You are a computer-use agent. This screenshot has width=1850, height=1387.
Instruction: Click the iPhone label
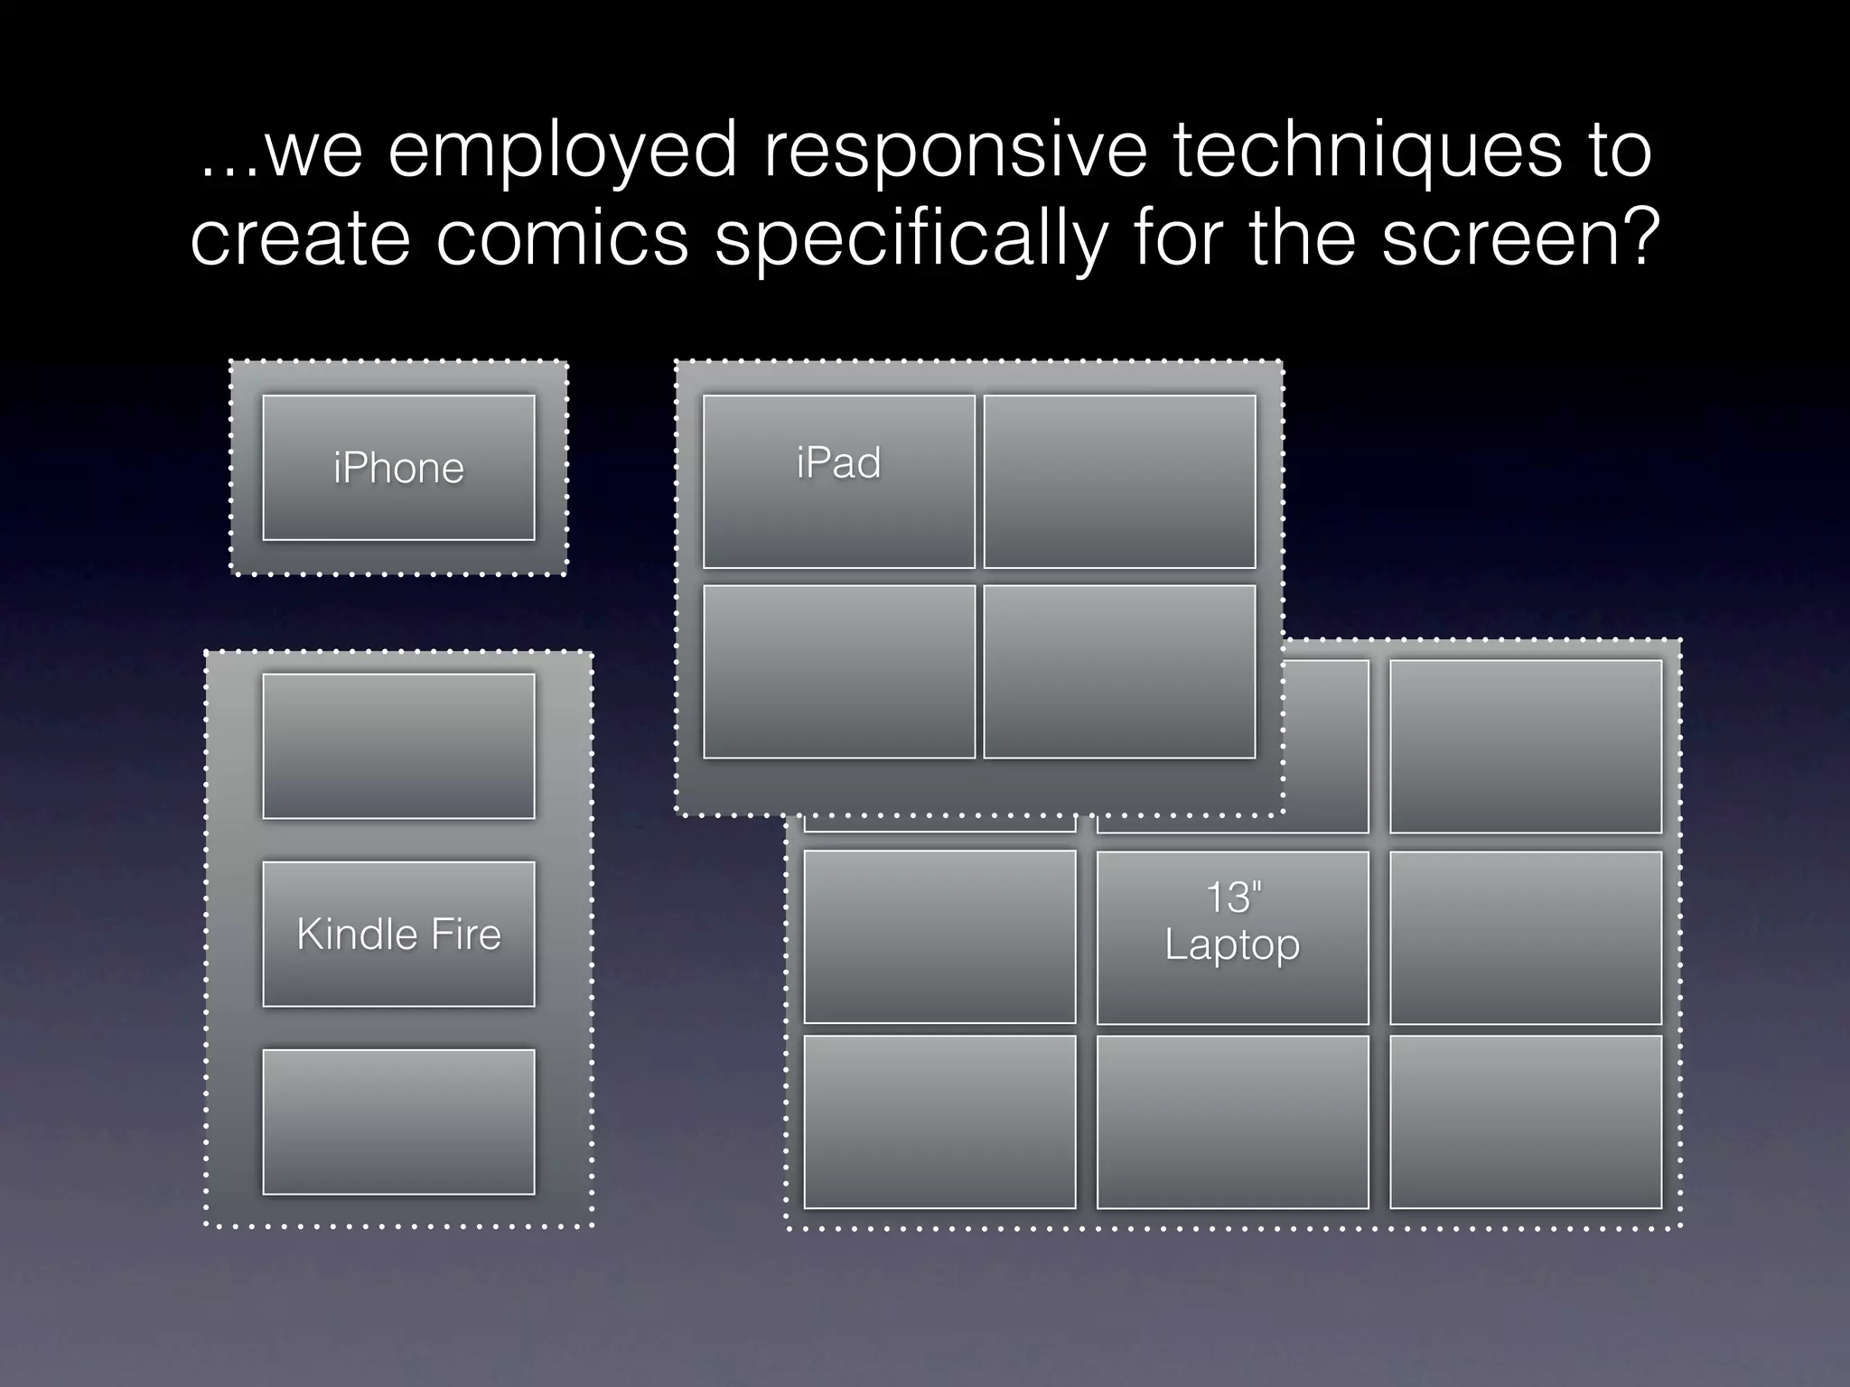pyautogui.click(x=398, y=468)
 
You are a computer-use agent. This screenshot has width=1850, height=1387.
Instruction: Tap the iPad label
pyautogui.click(x=838, y=463)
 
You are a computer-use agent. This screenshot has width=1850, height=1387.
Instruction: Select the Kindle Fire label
pyautogui.click(x=398, y=934)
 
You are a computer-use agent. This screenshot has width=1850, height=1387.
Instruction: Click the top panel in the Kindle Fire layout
pyautogui.click(x=398, y=746)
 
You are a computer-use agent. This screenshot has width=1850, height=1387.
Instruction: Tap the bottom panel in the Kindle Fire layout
pyautogui.click(x=398, y=1122)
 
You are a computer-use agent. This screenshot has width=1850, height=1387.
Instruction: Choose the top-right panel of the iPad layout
pyautogui.click(x=1119, y=481)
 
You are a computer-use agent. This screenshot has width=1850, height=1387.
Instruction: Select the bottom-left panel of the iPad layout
pyautogui.click(x=839, y=672)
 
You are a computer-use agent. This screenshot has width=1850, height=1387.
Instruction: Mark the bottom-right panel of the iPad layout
pyautogui.click(x=1119, y=672)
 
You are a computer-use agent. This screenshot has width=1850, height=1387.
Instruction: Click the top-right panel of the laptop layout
pyautogui.click(x=1525, y=746)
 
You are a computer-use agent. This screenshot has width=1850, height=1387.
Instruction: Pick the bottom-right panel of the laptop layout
pyautogui.click(x=1525, y=1122)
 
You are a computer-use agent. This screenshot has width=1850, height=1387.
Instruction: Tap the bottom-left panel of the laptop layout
pyautogui.click(x=939, y=1122)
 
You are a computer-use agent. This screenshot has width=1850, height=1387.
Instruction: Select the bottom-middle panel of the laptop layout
pyautogui.click(x=1232, y=1122)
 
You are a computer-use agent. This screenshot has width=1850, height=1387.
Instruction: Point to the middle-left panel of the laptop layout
pyautogui.click(x=939, y=937)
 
